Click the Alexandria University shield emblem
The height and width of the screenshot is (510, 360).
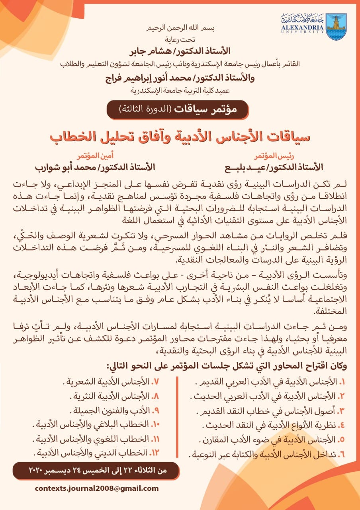click(x=336, y=27)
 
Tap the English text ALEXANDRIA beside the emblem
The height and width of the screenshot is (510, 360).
click(x=303, y=27)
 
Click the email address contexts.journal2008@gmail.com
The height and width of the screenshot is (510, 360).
click(x=97, y=488)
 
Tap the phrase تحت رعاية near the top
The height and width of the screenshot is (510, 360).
click(x=179, y=40)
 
